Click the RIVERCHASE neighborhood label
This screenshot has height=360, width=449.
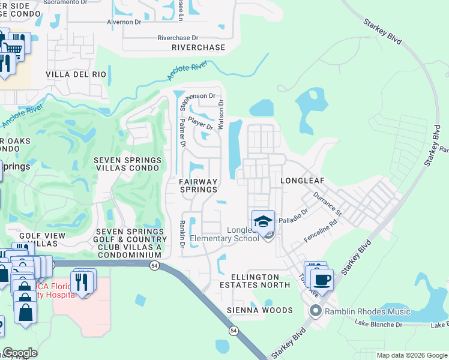click(x=198, y=47)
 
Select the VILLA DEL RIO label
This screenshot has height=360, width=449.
click(x=76, y=75)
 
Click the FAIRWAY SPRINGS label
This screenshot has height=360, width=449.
click(x=198, y=185)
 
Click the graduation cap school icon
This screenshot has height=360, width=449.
click(x=263, y=223)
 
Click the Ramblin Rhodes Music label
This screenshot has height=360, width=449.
click(x=367, y=311)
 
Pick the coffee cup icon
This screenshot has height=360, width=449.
click(x=322, y=280)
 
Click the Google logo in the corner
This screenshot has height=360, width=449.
click(x=20, y=353)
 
